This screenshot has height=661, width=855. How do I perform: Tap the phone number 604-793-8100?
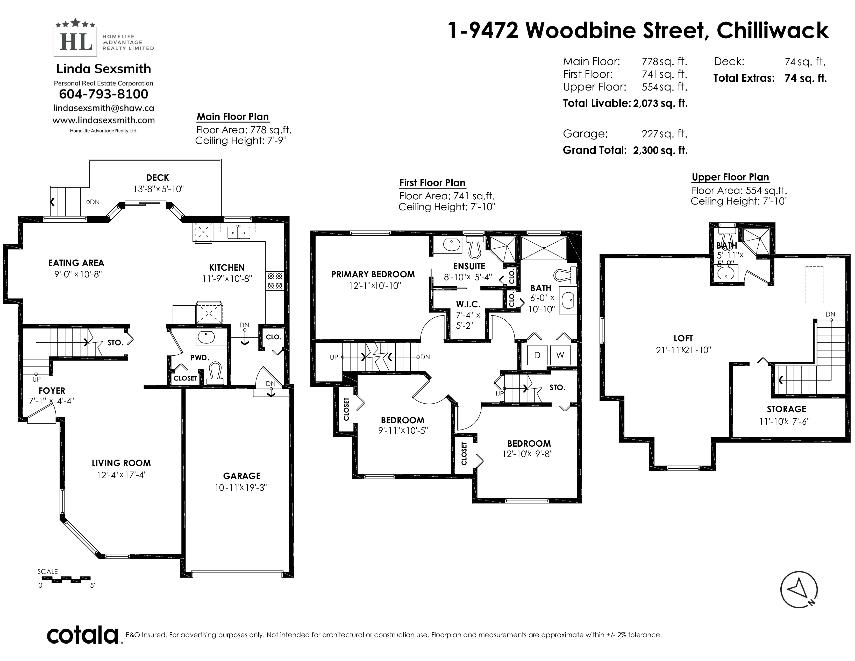tap(103, 94)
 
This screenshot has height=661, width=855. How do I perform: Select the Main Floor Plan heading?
tap(233, 117)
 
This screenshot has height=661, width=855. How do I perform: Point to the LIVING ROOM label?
tap(121, 463)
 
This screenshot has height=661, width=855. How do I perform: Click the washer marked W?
tap(560, 355)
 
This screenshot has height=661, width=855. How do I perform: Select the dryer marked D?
tap(537, 355)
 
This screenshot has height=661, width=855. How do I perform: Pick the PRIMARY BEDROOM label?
tap(373, 274)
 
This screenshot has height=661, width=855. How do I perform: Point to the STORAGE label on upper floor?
tap(786, 409)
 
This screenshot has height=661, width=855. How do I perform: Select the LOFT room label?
tap(683, 338)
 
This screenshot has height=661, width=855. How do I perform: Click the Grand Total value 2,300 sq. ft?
tap(660, 150)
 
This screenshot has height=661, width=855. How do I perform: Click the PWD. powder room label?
tap(200, 357)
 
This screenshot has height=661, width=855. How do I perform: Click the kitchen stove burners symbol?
tap(275, 281)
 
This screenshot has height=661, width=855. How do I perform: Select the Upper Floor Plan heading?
tap(730, 177)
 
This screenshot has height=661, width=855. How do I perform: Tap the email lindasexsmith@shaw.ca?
tap(103, 108)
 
